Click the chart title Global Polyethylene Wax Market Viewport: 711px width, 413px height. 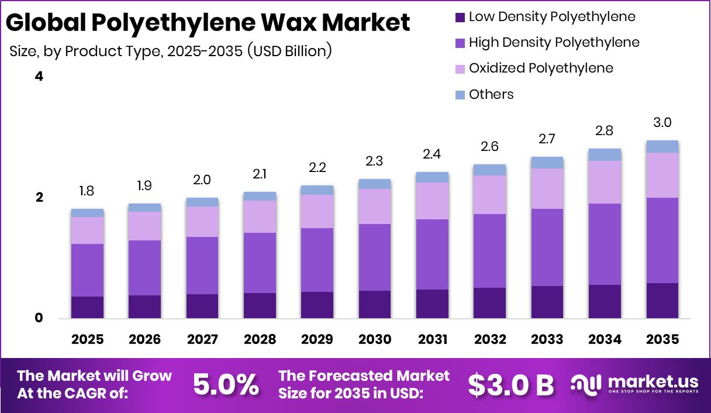[208, 23]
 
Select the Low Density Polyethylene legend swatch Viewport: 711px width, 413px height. [460, 17]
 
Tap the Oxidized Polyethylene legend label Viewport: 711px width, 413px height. [541, 68]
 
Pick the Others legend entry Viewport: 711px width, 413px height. [491, 94]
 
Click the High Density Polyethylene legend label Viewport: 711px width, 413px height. [554, 43]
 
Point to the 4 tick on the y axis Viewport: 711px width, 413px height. [39, 77]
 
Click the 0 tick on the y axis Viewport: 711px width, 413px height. [39, 318]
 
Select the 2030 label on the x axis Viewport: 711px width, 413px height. [374, 340]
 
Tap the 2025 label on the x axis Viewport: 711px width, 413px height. [87, 340]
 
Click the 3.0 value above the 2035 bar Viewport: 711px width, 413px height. [662, 123]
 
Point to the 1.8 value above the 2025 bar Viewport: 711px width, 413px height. [87, 191]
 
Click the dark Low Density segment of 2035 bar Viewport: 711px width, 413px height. [662, 301]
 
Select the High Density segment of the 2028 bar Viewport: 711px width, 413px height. [260, 263]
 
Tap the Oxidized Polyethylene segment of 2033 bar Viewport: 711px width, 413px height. [547, 188]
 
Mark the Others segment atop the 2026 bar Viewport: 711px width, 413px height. [144, 208]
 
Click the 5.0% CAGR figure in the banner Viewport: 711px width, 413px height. [226, 385]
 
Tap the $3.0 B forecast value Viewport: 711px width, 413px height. [510, 385]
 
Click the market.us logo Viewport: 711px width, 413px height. [634, 384]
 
